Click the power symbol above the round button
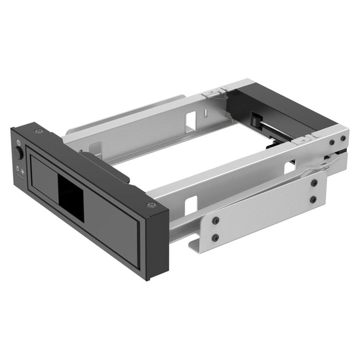click(18, 142)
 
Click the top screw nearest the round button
click(36, 131)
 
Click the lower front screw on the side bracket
click(215, 238)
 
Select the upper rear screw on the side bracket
click(314, 183)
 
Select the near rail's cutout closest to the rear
click(290, 167)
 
